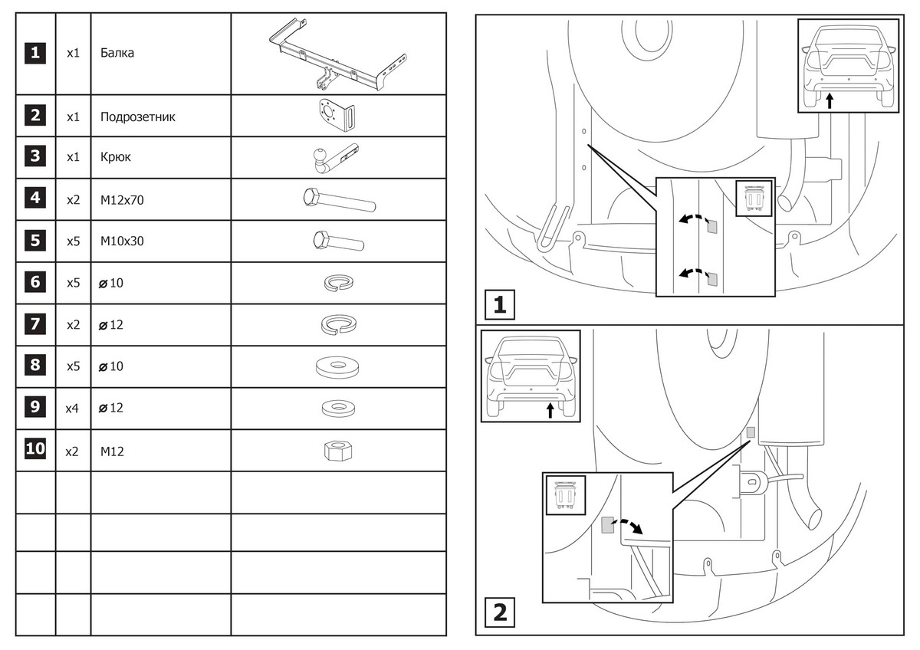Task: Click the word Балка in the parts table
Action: coord(117,54)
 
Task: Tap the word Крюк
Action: coord(116,157)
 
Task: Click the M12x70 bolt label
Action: coord(122,200)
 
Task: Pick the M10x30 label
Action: coord(122,241)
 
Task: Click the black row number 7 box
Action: coord(35,323)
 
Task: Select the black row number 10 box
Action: coord(35,449)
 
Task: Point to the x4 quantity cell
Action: coord(73,409)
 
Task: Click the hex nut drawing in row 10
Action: coord(338,451)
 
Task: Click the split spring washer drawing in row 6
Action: coord(338,283)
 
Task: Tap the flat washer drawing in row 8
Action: coord(338,366)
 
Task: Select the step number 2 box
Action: coord(499,613)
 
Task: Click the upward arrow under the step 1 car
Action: coord(830,100)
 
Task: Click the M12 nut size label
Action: coord(112,451)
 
